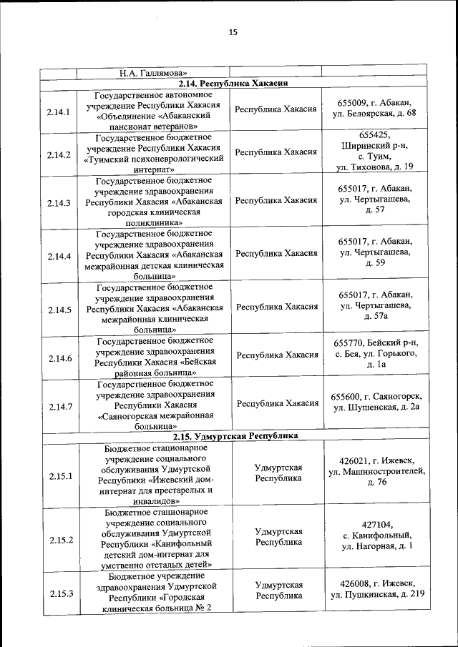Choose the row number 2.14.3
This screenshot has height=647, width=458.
59,203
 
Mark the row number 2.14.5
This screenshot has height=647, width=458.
59,310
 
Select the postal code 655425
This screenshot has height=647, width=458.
374,134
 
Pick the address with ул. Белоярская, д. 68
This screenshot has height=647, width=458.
376,113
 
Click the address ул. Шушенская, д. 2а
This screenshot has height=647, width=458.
376,407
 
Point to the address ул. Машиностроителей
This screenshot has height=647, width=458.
376,471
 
